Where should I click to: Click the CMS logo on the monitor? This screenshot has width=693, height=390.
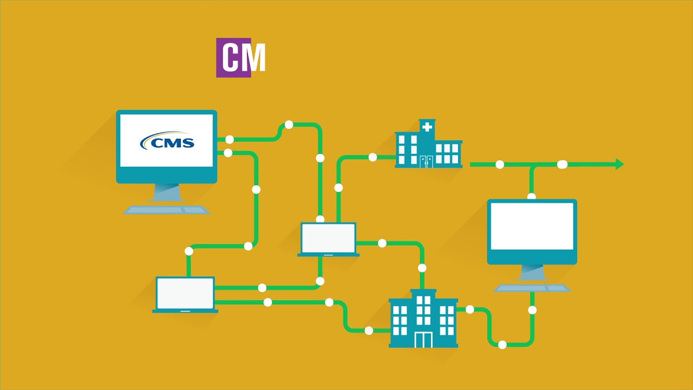tap(167, 141)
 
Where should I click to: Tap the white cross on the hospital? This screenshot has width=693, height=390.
tap(427, 127)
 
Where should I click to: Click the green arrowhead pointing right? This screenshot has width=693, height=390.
tap(619, 164)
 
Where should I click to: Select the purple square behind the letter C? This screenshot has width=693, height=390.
tap(227, 57)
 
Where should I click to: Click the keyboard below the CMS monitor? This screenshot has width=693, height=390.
tap(166, 210)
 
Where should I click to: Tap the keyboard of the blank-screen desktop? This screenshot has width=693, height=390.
tap(532, 288)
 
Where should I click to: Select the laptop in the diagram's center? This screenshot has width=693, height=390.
tap(328, 239)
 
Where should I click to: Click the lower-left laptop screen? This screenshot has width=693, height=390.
tap(185, 293)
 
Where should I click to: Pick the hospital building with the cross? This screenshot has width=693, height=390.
tap(428, 146)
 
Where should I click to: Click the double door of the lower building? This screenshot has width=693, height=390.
tap(423, 339)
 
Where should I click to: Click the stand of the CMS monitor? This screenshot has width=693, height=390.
tap(166, 192)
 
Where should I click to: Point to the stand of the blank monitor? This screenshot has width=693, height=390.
tap(532, 272)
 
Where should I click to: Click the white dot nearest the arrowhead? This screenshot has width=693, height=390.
tap(562, 164)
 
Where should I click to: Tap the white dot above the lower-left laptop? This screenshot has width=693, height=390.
tap(189, 251)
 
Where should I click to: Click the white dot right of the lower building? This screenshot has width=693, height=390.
tap(469, 309)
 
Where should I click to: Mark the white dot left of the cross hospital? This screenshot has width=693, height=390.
tap(372, 157)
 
